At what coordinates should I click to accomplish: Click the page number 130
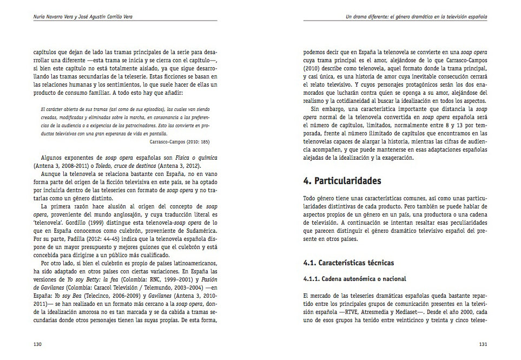(38, 344)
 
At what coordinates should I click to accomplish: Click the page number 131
(483, 344)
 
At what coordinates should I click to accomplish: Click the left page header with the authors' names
(83, 16)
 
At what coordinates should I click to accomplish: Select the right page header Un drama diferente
(416, 16)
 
